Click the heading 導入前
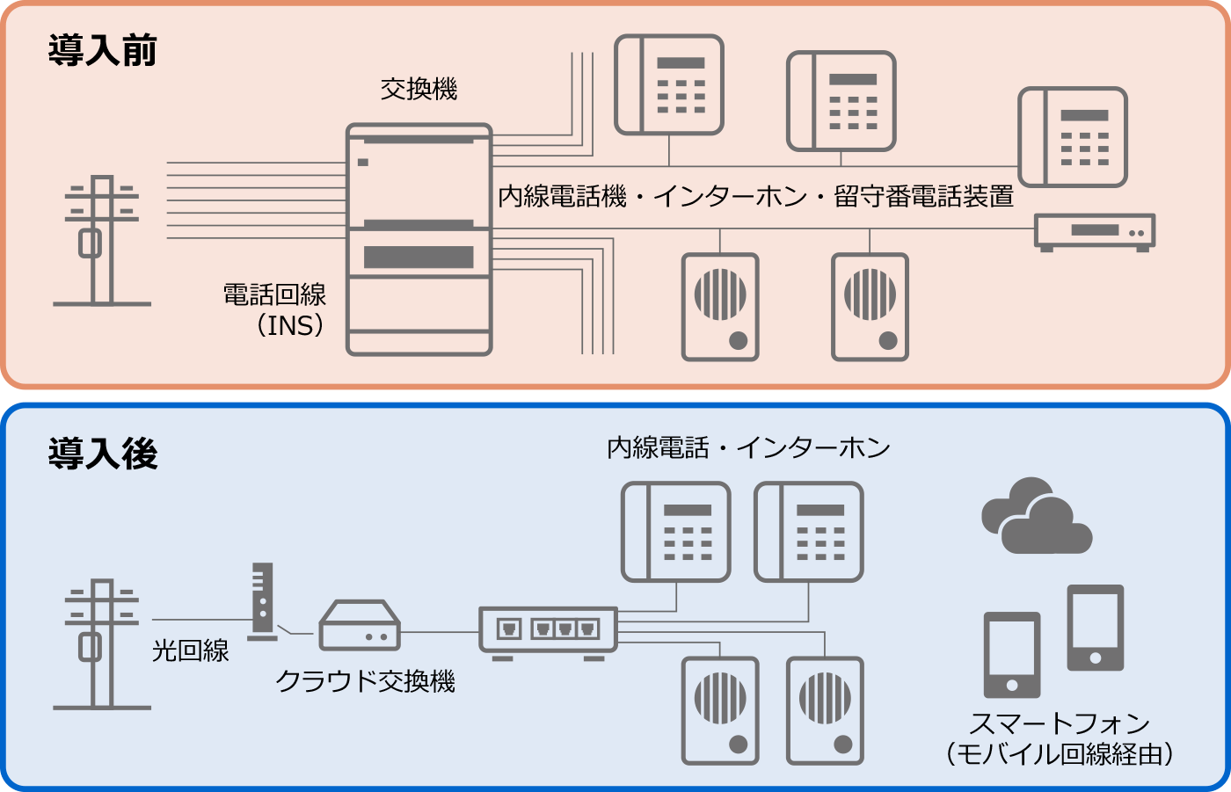pyautogui.click(x=102, y=51)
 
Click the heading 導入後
pyautogui.click(x=102, y=454)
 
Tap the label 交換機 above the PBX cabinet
pyautogui.click(x=419, y=90)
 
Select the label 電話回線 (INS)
pyautogui.click(x=276, y=310)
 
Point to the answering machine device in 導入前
pyautogui.click(x=1094, y=231)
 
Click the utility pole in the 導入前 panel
pyautogui.click(x=102, y=240)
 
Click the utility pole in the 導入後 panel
pyautogui.click(x=102, y=643)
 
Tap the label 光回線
pyautogui.click(x=190, y=650)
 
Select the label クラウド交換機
pyautogui.click(x=365, y=681)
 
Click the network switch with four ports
pyautogui.click(x=548, y=630)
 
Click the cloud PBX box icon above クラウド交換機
pyautogui.click(x=359, y=625)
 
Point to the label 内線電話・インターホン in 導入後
pyautogui.click(x=748, y=448)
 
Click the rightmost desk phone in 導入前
pyautogui.click(x=1073, y=137)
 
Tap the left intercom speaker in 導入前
pyautogui.click(x=720, y=307)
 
